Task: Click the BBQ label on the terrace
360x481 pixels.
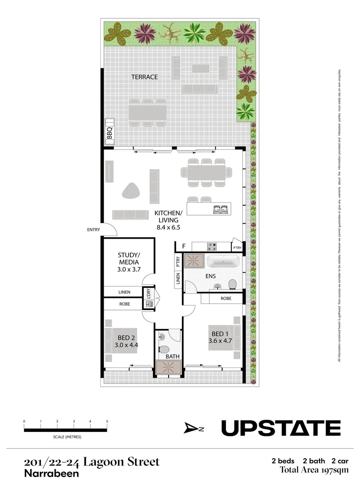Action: click(x=109, y=133)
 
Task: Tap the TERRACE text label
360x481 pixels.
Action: click(x=144, y=77)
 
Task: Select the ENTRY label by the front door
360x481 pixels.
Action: click(x=93, y=230)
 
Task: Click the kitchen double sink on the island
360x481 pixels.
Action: click(x=220, y=209)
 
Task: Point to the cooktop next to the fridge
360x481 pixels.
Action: click(x=210, y=246)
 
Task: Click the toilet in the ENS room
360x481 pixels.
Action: click(x=232, y=283)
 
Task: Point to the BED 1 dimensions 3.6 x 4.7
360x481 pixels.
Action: click(x=220, y=342)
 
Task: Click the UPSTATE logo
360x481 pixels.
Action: click(x=281, y=428)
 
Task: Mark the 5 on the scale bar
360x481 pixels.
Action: click(x=107, y=421)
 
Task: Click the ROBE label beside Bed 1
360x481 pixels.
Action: click(x=226, y=299)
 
